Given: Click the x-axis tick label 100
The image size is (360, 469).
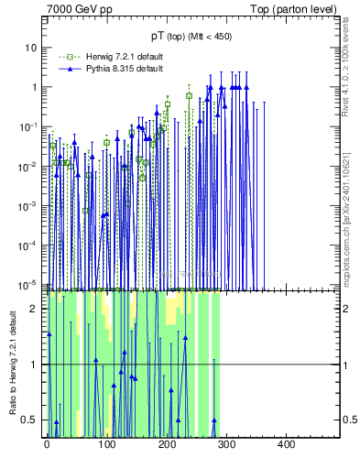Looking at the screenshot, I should click(106, 444).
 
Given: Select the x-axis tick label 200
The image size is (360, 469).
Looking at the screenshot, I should click(167, 444).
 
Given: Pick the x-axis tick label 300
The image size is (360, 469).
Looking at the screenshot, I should click(226, 444).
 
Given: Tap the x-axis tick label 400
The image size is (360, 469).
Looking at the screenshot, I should click(286, 444).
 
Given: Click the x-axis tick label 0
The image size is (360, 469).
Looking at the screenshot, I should click(47, 444).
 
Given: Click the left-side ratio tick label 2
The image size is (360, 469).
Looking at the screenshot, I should click(36, 309).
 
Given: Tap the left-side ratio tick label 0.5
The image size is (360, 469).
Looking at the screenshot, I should click(32, 420).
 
